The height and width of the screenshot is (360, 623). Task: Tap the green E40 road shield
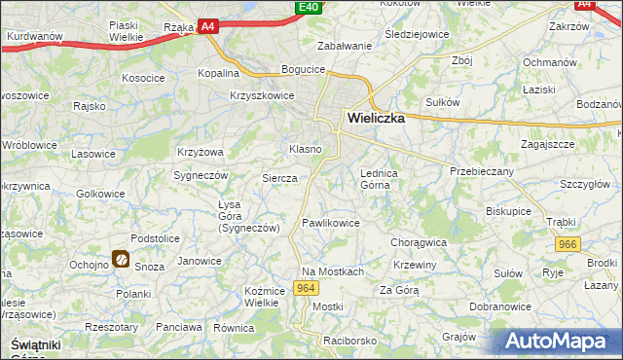308,8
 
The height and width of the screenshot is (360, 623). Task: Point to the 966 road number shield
568,245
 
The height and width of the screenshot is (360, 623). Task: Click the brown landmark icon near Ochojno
121,259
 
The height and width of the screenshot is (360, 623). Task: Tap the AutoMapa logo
559,341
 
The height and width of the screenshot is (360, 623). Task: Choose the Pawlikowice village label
331,223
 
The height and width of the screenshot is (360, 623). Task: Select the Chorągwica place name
418,241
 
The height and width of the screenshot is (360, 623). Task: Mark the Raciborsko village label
350,342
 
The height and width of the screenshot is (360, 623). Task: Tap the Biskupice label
507,209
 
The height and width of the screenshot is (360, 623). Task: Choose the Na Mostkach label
332,271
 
